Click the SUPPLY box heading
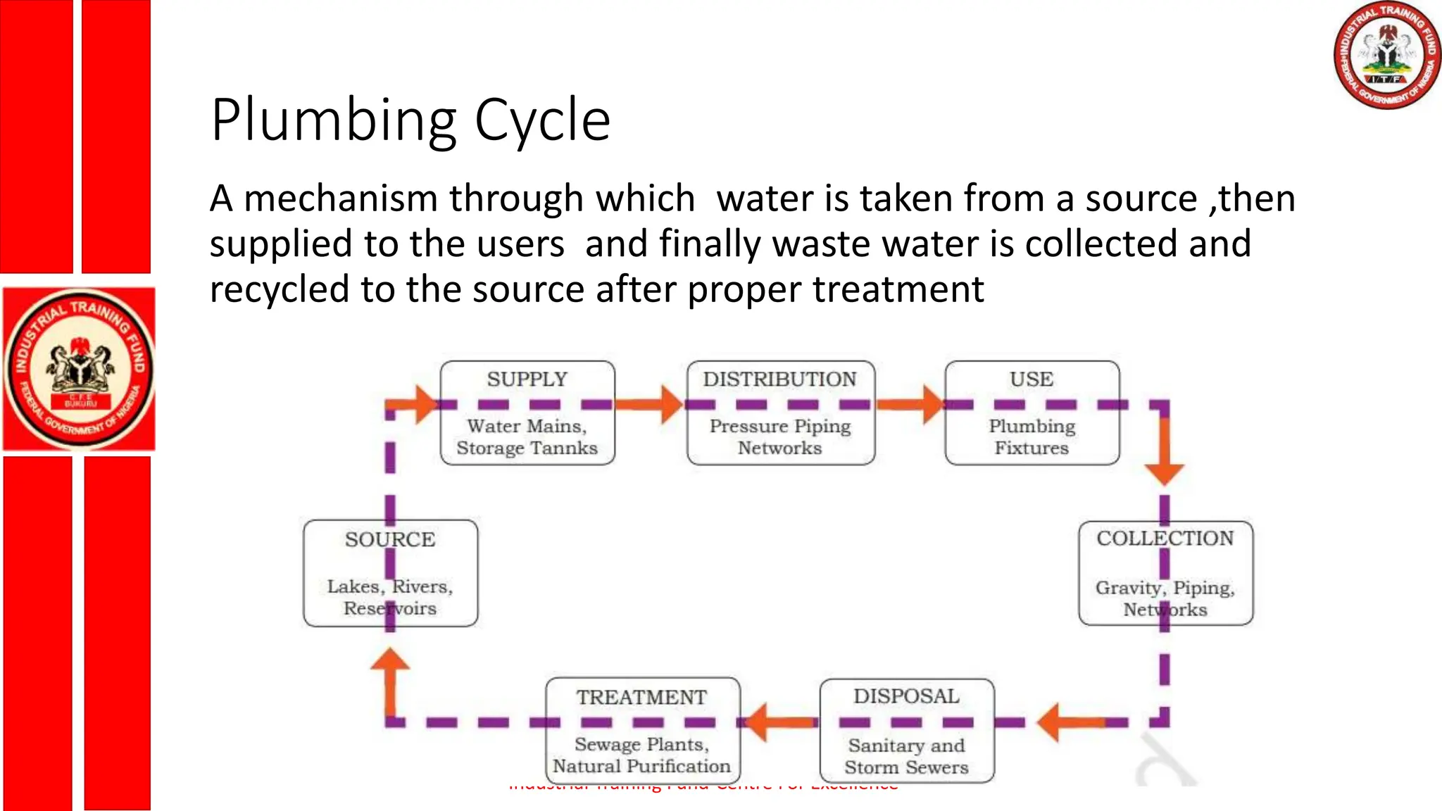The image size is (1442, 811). click(x=527, y=379)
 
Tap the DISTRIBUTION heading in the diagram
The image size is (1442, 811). click(x=779, y=379)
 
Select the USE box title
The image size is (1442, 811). click(x=1032, y=379)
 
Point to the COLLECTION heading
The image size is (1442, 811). click(x=1165, y=539)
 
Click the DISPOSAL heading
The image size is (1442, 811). click(x=906, y=696)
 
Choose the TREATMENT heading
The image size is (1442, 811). click(x=641, y=697)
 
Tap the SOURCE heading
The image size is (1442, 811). click(x=390, y=540)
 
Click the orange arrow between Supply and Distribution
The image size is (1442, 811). click(x=651, y=404)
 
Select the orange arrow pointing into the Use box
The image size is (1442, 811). click(x=912, y=404)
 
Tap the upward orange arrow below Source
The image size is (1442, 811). click(x=390, y=679)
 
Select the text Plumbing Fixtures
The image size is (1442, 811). click(x=1032, y=437)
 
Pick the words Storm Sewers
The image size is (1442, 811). click(x=906, y=767)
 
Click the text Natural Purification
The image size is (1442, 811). click(x=641, y=766)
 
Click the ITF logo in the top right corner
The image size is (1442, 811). click(x=1386, y=55)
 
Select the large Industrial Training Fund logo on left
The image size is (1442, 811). click(x=79, y=369)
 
